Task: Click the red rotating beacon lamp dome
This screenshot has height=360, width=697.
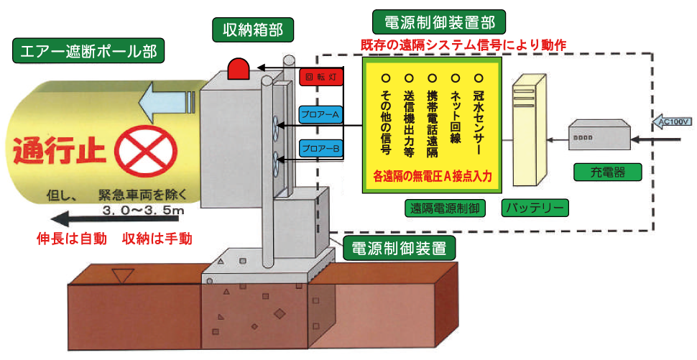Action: click(238, 69)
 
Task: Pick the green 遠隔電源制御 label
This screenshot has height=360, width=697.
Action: click(446, 208)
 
